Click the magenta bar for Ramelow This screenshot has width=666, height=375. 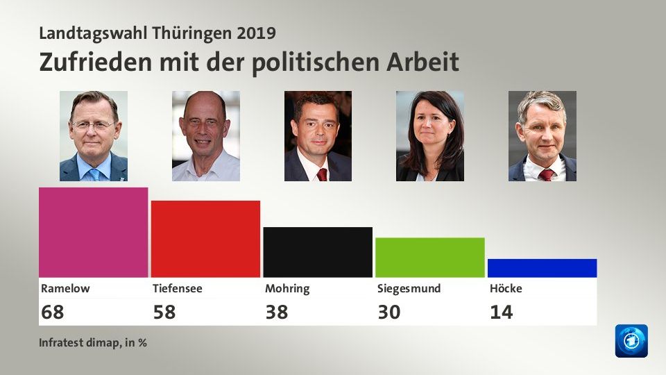click(94, 233)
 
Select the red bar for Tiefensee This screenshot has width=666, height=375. click(205, 239)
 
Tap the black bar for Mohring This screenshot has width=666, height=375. click(318, 252)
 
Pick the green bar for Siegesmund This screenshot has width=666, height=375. click(429, 258)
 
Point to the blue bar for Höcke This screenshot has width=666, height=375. click(542, 268)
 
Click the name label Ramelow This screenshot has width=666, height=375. click(65, 288)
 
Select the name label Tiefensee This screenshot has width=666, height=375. click(177, 288)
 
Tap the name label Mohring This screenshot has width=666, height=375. click(287, 288)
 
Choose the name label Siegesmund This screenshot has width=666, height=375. click(409, 288)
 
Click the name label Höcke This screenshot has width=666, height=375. click(505, 288)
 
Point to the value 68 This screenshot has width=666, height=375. click(52, 312)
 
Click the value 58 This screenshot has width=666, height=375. click(164, 312)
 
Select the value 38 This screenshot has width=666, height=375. click(277, 312)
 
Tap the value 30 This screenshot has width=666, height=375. click(389, 312)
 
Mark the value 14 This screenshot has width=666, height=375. click(501, 312)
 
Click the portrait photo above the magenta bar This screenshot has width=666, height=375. click(94, 136)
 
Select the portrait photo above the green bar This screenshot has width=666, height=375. click(429, 136)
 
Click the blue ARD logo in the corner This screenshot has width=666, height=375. click(631, 341)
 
